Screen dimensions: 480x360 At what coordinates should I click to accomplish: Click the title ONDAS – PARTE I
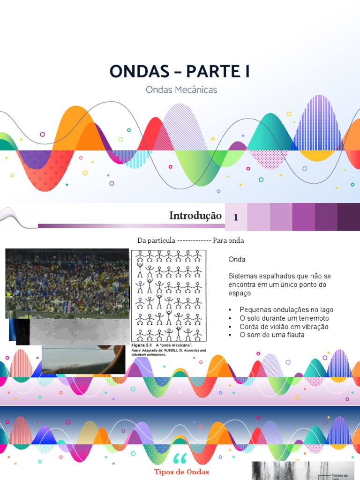click(x=180, y=71)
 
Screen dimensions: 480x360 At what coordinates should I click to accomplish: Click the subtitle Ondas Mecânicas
click(x=181, y=90)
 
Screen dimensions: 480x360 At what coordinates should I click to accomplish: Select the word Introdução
click(x=195, y=216)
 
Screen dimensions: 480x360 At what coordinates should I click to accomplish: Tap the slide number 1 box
click(x=236, y=217)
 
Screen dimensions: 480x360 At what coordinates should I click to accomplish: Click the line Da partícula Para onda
click(x=191, y=240)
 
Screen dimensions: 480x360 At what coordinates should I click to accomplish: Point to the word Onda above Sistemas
click(x=237, y=259)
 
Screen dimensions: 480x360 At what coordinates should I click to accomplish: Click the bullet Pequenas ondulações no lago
click(x=286, y=310)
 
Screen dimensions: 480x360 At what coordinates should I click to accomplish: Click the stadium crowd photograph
click(x=67, y=281)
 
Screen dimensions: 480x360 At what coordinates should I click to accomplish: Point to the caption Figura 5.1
click(x=141, y=345)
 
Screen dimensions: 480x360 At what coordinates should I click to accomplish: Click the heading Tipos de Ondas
click(x=182, y=472)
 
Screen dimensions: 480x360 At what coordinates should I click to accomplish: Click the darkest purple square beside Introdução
click(x=349, y=217)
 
